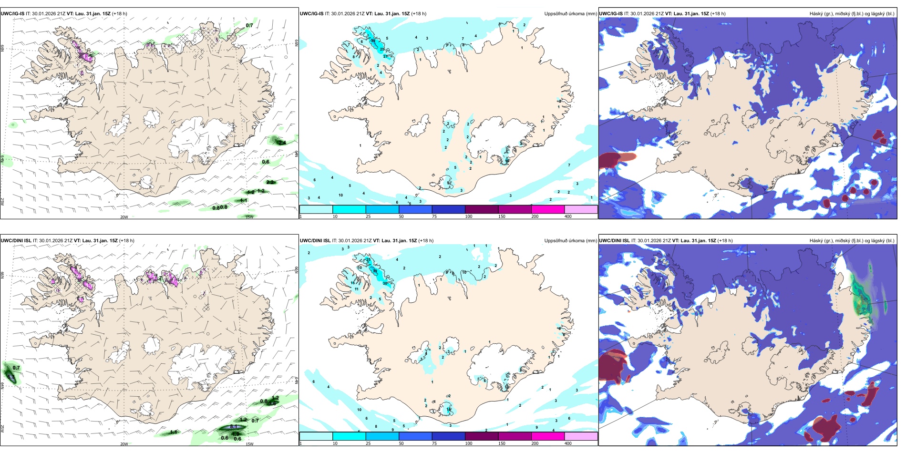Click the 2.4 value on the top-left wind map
coord(282,143)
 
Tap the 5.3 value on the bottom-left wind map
coord(11,377)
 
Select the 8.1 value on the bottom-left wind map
coord(233,427)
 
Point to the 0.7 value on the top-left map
coord(249,26)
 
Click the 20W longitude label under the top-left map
coord(124,217)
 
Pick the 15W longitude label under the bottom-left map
coord(249,444)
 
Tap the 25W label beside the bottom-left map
coord(2,429)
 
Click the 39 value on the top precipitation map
coord(373,41)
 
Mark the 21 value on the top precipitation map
coord(385,57)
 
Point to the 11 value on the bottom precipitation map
coord(356,289)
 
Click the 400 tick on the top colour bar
coord(568,216)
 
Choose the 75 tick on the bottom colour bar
coord(434,443)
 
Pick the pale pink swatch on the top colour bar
coord(581,209)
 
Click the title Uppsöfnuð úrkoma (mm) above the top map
coord(570,14)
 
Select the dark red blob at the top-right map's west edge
coord(613,160)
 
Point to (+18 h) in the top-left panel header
coord(119,14)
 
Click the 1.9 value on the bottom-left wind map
coord(235,433)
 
